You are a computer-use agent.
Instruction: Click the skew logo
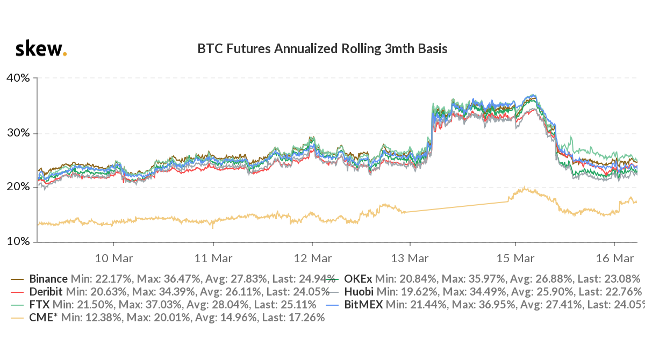(x=41, y=49)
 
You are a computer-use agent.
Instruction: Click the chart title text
(x=322, y=49)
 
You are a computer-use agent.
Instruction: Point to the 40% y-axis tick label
(x=18, y=78)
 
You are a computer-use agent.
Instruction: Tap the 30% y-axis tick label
(x=18, y=133)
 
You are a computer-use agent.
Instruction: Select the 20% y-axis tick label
(x=18, y=188)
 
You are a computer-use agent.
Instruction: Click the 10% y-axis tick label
(x=18, y=242)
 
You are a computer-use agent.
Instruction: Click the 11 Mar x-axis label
(x=213, y=258)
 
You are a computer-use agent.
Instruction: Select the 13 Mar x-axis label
(x=410, y=258)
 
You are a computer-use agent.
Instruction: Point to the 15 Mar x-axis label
(x=514, y=258)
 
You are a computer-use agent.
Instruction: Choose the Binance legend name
(x=48, y=279)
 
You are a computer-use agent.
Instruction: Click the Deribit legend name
(x=46, y=292)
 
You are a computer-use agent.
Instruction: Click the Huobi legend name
(x=359, y=292)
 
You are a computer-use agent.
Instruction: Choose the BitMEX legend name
(x=363, y=305)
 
